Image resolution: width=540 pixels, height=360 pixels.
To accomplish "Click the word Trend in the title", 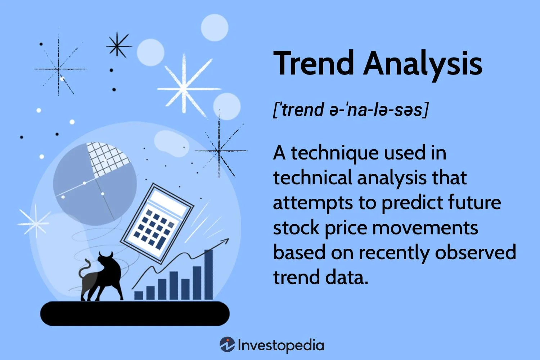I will point(314,63).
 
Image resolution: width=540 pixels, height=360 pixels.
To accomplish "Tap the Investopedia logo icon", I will point(227,345).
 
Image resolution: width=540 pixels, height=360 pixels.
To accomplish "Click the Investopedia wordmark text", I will point(281,345).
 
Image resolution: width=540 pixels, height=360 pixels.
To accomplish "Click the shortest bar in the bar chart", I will point(139,295).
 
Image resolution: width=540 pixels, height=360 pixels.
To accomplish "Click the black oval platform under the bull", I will point(135,313).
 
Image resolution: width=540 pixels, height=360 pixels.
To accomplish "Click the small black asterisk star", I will point(118,45).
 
